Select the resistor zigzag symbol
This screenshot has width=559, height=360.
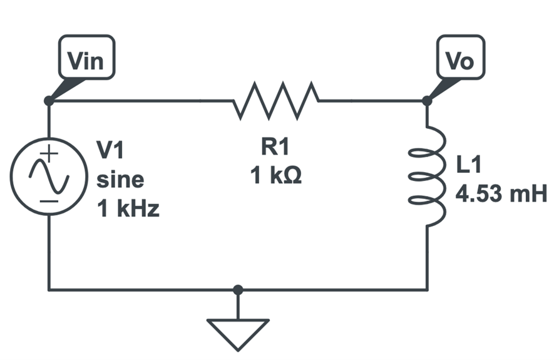276,100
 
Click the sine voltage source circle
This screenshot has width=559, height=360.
49,176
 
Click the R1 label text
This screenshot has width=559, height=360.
276,148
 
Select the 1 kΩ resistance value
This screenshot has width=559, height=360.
276,177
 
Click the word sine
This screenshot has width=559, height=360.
120,180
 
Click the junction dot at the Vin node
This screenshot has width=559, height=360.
49,100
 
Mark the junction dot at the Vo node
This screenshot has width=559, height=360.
426,100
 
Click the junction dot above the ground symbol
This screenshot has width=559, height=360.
238,290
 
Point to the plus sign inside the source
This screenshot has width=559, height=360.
50,153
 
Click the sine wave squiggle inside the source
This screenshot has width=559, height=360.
49,177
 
